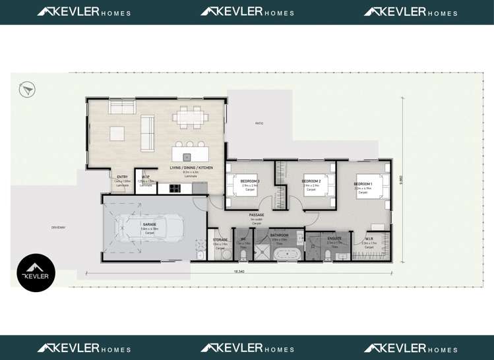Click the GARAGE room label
point(150,225)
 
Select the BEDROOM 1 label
point(363,184)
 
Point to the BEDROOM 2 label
point(311,181)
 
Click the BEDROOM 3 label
point(249,181)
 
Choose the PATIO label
point(259,123)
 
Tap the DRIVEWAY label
point(59,227)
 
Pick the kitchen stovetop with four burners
point(175,188)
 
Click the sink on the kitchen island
point(187,157)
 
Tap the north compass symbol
point(27,89)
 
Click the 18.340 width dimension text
point(239,271)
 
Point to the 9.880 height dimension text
point(400,179)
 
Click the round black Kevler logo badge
point(36,273)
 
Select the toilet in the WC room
point(243,254)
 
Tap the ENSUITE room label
point(334,239)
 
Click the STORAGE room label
point(220,240)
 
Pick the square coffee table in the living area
point(117,133)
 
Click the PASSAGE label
point(257,215)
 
